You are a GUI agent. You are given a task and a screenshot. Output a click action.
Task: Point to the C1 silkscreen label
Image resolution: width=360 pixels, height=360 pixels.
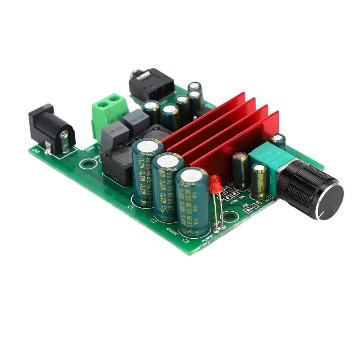pyautogui.click(x=131, y=207)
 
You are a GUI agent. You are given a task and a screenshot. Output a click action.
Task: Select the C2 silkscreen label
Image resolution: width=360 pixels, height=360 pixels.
pyautogui.click(x=154, y=220)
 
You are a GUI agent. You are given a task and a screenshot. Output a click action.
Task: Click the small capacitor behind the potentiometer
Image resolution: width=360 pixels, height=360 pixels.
pyautogui.click(x=278, y=141)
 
